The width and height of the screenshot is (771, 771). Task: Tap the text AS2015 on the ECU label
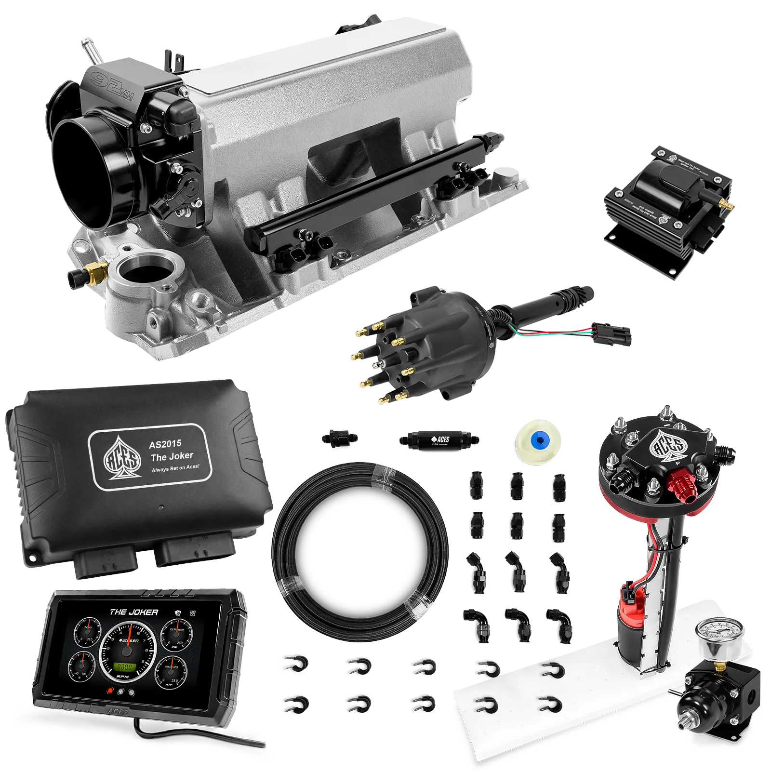pyautogui.click(x=165, y=444)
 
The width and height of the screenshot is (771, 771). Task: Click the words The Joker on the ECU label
pyautogui.click(x=172, y=456)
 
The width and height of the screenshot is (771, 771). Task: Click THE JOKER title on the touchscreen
pyautogui.click(x=134, y=612)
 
